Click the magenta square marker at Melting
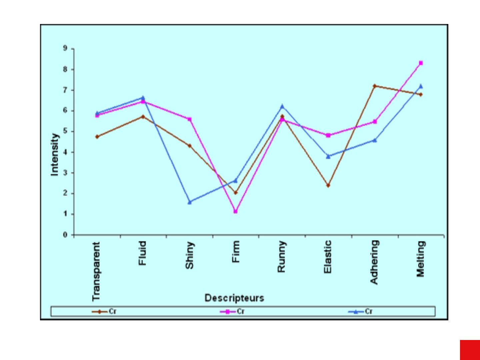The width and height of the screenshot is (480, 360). tap(421, 63)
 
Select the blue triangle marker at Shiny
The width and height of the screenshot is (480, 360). tap(189, 202)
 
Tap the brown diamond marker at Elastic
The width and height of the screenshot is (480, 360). tap(328, 185)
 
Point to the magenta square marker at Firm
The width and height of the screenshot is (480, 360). tap(236, 211)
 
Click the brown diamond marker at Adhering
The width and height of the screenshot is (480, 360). tap(375, 86)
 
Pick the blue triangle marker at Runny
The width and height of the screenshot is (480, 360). tap(282, 106)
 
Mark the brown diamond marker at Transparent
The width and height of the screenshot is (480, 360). tap(97, 137)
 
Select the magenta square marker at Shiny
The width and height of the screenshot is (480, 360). tap(189, 119)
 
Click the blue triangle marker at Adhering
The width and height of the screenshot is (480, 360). tap(375, 140)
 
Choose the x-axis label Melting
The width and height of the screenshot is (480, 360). tap(421, 259)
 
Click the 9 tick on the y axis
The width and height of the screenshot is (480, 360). tap(65, 49)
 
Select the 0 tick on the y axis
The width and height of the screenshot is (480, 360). tap(65, 235)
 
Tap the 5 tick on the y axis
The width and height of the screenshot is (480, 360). tap(65, 131)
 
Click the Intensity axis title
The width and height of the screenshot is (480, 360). tap(55, 154)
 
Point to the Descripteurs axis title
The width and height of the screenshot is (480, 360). tap(234, 298)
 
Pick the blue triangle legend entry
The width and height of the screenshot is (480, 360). tap(360, 312)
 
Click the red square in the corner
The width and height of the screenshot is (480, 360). tap(470, 350)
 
